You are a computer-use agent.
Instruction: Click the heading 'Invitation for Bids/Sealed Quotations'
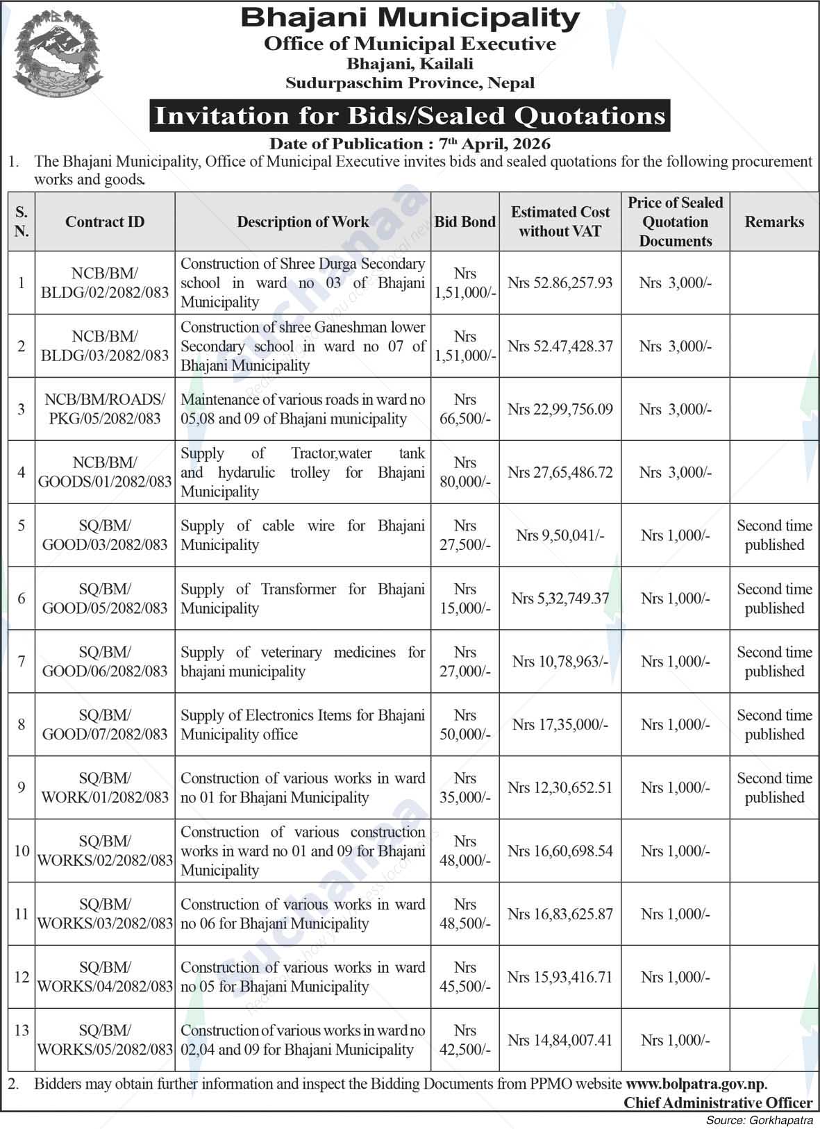tap(410, 115)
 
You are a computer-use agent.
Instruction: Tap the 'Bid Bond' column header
tap(465, 222)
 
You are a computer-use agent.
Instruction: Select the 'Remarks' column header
tap(774, 222)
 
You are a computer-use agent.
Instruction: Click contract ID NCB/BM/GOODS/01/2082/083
tap(105, 472)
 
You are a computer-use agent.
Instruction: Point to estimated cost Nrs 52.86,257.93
tap(560, 283)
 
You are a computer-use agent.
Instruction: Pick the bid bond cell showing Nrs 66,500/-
tap(465, 409)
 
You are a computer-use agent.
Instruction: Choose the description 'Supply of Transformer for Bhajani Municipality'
tap(302, 599)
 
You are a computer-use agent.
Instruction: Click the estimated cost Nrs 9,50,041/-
tap(560, 535)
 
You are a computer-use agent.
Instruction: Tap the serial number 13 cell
tap(22, 1030)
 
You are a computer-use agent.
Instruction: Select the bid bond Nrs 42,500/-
tap(465, 1040)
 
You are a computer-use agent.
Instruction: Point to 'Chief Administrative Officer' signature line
tap(717, 1103)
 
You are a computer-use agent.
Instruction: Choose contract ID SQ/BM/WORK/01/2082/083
tap(105, 788)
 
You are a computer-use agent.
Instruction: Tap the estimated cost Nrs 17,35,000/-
tap(560, 725)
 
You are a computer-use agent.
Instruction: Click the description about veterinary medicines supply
tap(302, 662)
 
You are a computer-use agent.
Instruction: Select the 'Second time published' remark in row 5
tap(774, 535)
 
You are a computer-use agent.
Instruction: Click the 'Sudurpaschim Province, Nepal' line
tap(410, 83)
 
